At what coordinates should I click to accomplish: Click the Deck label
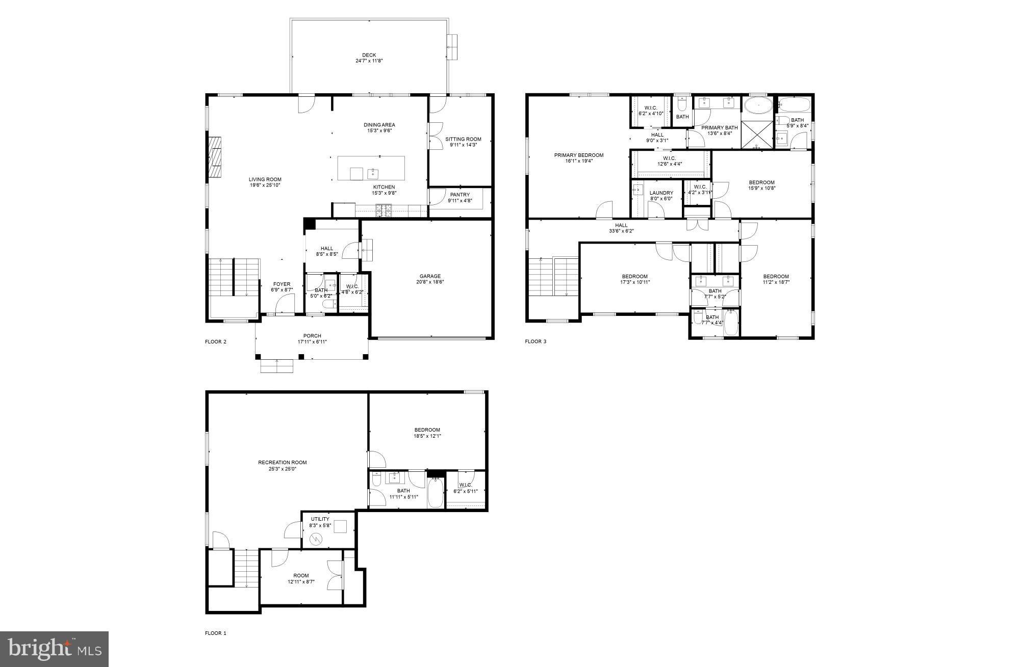pos(369,55)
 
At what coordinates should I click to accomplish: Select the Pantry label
pos(460,195)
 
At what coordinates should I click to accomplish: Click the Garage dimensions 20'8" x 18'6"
pos(430,282)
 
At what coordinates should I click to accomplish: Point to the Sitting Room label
pos(463,139)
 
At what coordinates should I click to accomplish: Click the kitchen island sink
pos(373,173)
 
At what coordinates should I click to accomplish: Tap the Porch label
pos(312,336)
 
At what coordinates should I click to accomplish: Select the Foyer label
pos(282,284)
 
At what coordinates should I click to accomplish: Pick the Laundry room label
pos(661,193)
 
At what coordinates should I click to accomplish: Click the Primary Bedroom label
pos(579,155)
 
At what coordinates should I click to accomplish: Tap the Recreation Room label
pos(282,463)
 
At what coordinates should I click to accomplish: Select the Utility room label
pos(320,519)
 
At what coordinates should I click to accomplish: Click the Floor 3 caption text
pos(535,341)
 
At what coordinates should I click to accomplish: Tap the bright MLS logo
pos(54,649)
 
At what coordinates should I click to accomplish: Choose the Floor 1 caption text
pos(215,633)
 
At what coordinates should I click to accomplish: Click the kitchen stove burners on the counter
pos(384,208)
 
